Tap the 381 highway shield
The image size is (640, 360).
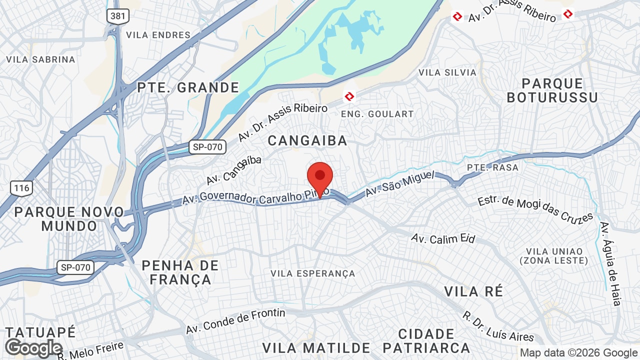click(x=118, y=16)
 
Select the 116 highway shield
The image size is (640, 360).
click(x=22, y=188)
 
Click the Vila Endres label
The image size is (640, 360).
click(x=158, y=35)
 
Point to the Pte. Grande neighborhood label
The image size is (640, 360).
click(x=188, y=88)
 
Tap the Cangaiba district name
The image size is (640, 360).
click(x=307, y=141)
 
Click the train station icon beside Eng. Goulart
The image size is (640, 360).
click(x=349, y=95)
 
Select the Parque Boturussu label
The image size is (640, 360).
click(x=552, y=90)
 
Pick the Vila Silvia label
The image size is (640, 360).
click(x=447, y=72)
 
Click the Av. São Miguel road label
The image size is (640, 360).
click(x=398, y=184)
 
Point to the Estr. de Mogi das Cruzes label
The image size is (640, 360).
click(x=535, y=209)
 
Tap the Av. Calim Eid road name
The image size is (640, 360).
click(x=443, y=238)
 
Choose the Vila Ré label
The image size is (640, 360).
click(x=473, y=291)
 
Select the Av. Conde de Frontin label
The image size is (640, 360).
click(x=235, y=321)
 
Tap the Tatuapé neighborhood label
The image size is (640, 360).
click(x=41, y=332)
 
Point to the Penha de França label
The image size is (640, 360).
click(x=180, y=272)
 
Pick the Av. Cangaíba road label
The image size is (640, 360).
click(x=234, y=170)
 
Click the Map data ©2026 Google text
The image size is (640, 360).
click(x=579, y=353)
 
